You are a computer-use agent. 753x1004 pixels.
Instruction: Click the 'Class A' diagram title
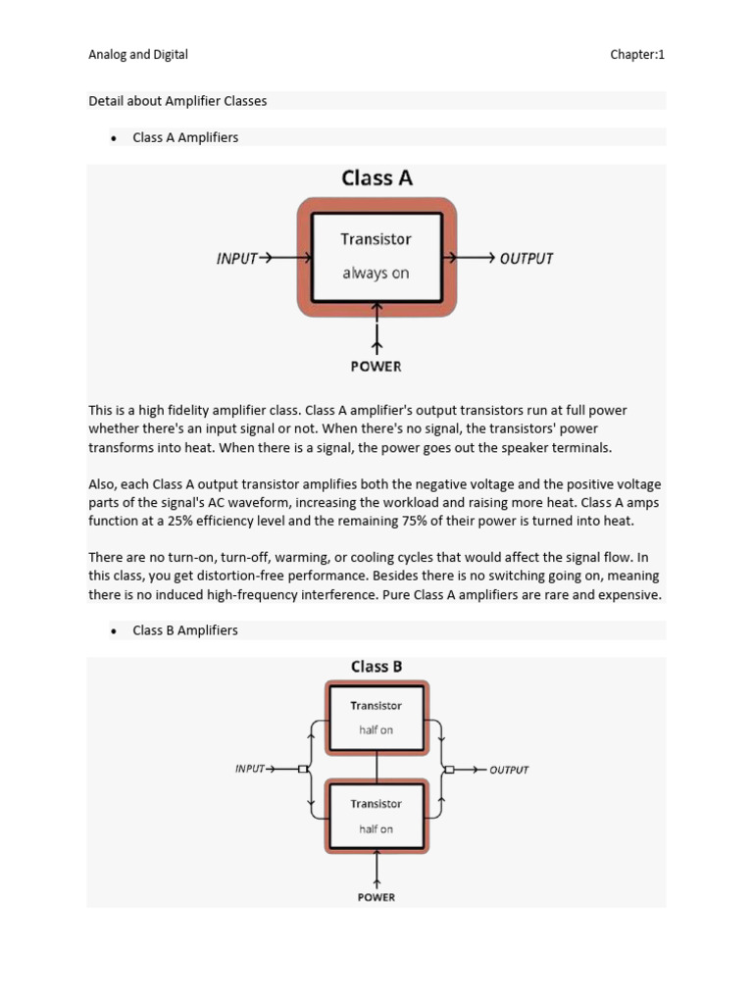(376, 178)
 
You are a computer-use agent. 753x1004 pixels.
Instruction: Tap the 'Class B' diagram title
(376, 667)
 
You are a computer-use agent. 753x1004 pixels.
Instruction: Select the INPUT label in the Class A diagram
(236, 259)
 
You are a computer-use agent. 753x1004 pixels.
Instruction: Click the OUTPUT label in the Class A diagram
(527, 259)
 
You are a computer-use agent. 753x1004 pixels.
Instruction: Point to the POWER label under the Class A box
(376, 367)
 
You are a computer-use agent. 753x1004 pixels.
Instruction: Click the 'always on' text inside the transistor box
(376, 274)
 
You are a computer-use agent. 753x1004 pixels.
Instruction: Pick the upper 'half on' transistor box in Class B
(376, 718)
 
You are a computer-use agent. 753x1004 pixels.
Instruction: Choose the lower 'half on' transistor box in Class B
(376, 816)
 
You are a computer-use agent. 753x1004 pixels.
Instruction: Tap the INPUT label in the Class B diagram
(250, 769)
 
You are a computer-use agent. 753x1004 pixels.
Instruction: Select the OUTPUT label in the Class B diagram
(509, 770)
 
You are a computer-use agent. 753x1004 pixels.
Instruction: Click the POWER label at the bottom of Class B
(376, 897)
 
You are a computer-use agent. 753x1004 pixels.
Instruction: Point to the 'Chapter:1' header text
(637, 55)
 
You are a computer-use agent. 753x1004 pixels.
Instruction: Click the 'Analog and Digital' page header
(138, 55)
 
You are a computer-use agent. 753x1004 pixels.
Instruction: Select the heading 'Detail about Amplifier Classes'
(177, 101)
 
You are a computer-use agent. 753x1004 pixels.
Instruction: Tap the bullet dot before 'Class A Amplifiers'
(114, 138)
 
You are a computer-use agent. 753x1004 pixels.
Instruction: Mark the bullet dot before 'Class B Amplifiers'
(114, 630)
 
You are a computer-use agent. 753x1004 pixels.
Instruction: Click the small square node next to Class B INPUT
(303, 769)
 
